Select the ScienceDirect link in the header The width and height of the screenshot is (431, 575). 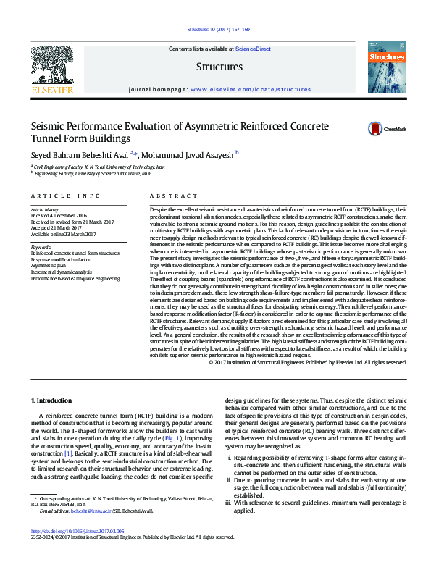coord(253,49)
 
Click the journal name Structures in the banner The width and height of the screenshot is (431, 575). coord(219,67)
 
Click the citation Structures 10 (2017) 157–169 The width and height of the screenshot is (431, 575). coord(218,30)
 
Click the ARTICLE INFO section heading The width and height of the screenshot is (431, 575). coord(65,196)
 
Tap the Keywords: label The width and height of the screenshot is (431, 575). coord(42,247)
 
